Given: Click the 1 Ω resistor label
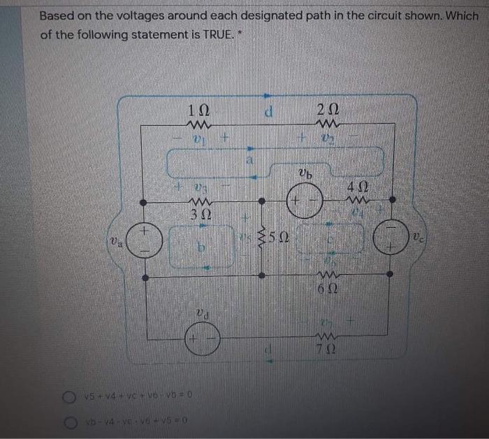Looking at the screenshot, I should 200,110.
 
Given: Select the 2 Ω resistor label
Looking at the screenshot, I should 328,110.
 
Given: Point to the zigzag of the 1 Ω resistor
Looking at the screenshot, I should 200,126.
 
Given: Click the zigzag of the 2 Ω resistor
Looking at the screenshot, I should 328,126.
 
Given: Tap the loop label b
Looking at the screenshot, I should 200,247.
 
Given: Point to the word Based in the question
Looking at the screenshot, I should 57,15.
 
